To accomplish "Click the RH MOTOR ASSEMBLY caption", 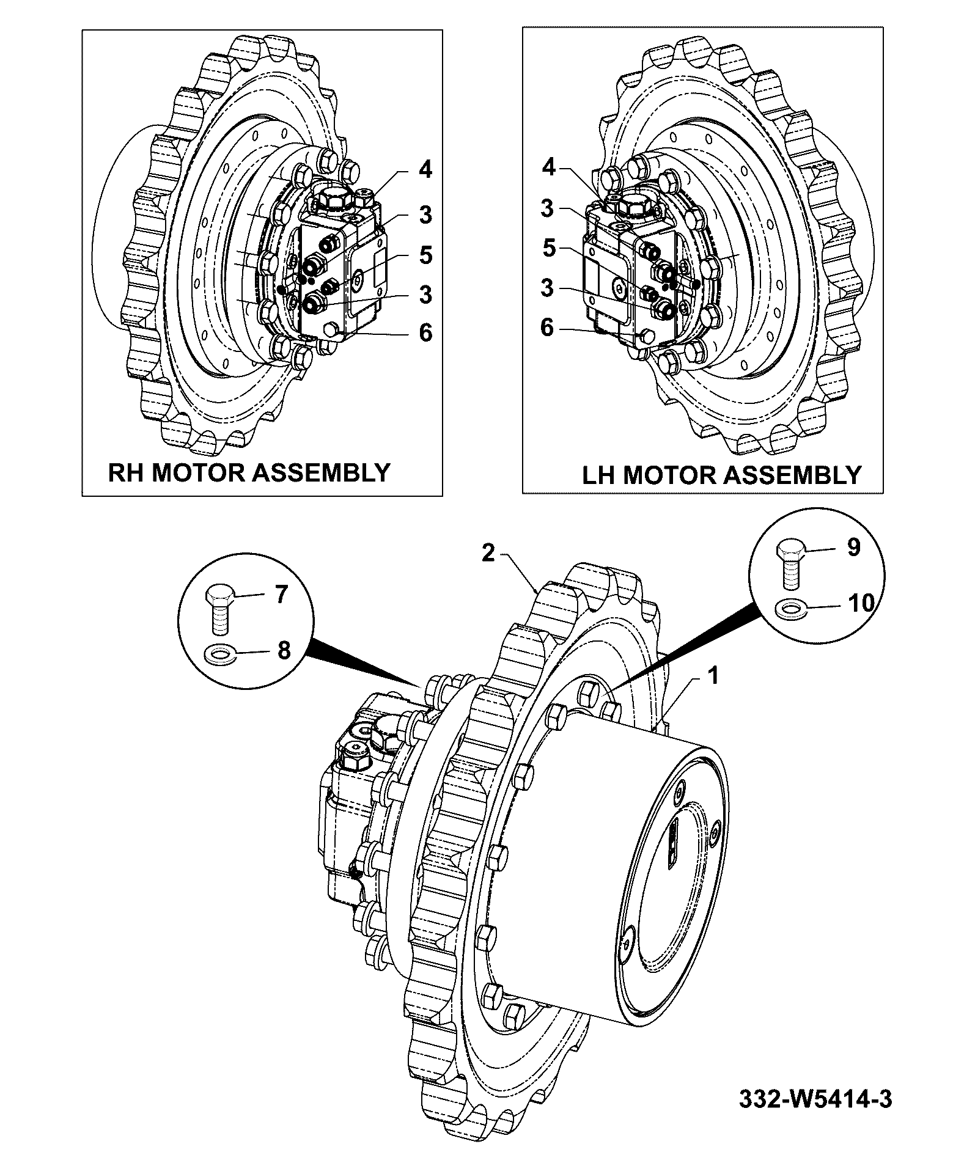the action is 249,472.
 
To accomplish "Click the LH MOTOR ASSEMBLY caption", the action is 721,475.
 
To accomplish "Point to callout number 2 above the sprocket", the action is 488,552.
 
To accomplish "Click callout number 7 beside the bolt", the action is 281,594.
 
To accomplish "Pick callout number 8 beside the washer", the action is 284,650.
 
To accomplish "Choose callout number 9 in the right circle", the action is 853,547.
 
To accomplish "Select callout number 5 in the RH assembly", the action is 425,255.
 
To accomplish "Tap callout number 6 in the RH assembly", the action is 425,333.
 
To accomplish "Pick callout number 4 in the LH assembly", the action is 549,167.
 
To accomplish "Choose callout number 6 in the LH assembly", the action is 547,328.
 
